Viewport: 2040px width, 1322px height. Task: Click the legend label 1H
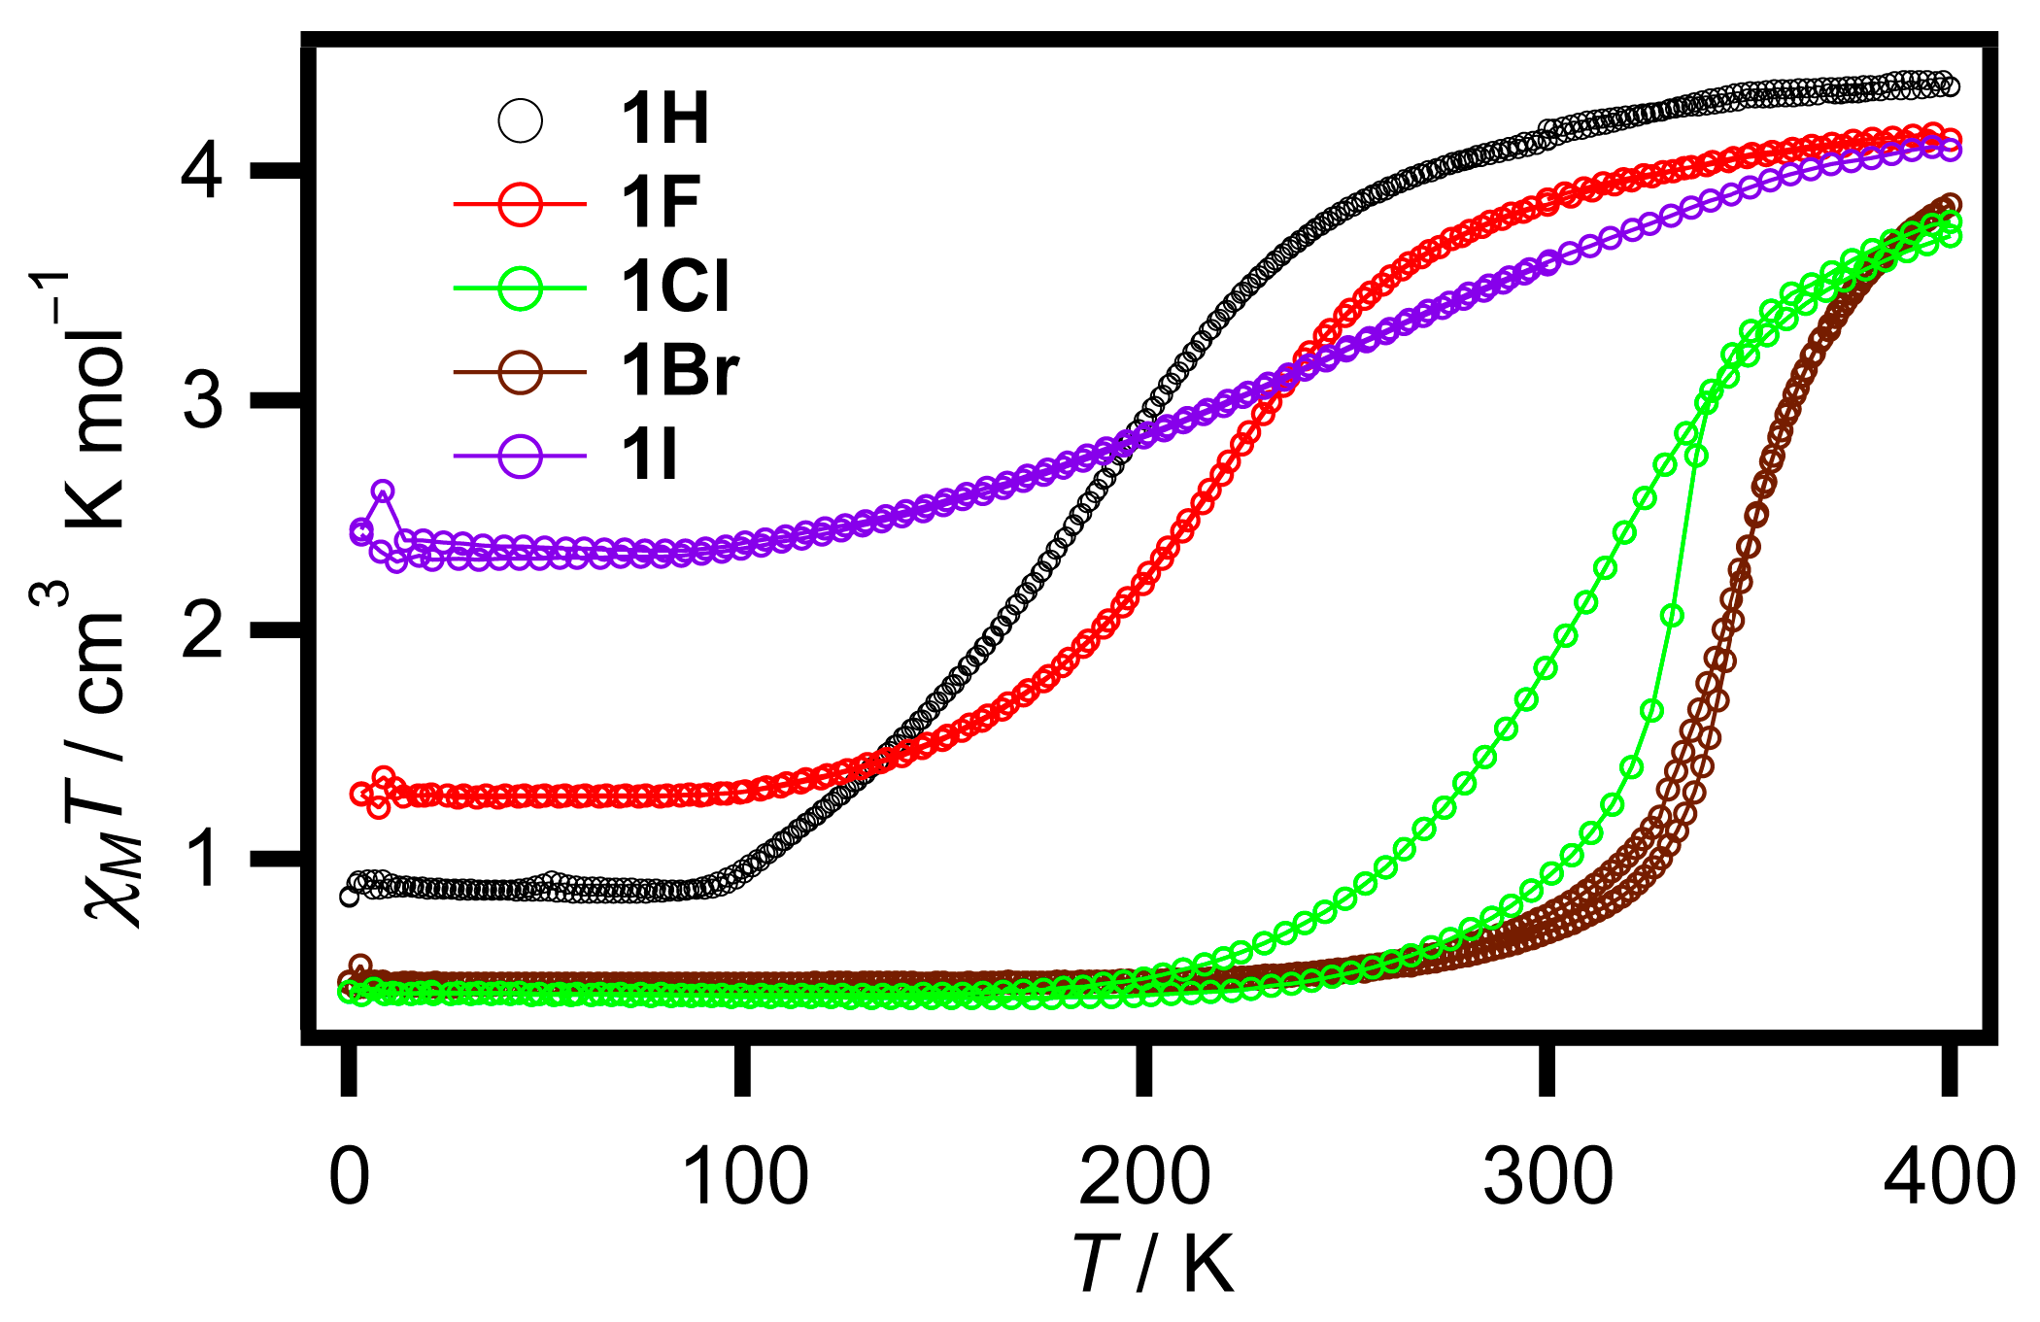coord(664,120)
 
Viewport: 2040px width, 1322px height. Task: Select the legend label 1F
coord(661,204)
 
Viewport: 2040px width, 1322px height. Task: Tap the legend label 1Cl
coord(675,288)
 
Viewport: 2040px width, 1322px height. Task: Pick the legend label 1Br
coord(680,371)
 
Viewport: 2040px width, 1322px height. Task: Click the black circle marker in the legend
coord(521,121)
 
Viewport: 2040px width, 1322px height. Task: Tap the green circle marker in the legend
coord(521,288)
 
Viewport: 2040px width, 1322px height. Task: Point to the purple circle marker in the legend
coord(521,456)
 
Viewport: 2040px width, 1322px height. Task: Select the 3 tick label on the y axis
coord(202,400)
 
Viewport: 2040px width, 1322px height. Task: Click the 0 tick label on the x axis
coord(349,1177)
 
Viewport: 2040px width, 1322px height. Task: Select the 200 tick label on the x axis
coord(1144,1177)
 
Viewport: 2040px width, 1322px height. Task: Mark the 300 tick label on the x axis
coord(1547,1177)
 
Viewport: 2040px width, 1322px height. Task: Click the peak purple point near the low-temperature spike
coord(383,491)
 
